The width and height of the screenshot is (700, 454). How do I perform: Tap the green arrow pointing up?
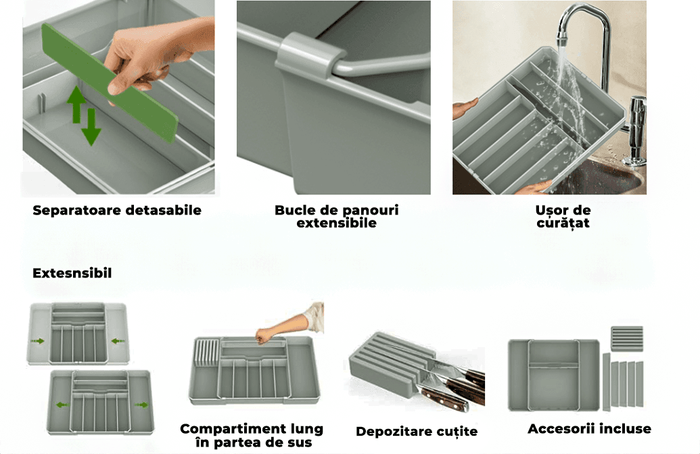(x=76, y=103)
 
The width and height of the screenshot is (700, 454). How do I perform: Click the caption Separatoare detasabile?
(x=117, y=210)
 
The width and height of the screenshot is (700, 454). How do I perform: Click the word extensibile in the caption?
(x=336, y=223)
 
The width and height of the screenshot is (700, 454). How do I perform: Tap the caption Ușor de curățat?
(x=563, y=217)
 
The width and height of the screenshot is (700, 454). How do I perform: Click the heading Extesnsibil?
(x=72, y=273)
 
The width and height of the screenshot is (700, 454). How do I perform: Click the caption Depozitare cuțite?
(x=417, y=431)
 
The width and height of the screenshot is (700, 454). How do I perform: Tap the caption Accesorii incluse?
(x=589, y=429)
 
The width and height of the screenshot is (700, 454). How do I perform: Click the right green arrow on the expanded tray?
(x=142, y=405)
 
